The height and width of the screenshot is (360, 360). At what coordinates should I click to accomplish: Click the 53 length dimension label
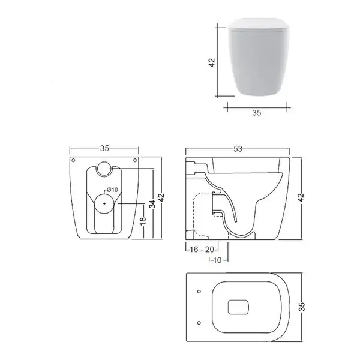238,149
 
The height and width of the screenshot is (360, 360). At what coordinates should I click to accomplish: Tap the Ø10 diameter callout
112,190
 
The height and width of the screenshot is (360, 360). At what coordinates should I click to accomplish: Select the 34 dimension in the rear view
152,204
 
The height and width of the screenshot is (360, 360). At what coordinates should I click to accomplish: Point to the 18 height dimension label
143,220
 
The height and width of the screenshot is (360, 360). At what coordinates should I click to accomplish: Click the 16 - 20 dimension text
202,249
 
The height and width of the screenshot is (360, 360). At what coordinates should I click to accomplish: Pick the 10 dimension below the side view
217,260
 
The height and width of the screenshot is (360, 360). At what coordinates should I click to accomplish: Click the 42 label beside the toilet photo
212,62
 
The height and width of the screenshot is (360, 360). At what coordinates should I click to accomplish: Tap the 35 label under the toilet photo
257,113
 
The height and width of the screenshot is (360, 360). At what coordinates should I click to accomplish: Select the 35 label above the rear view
104,149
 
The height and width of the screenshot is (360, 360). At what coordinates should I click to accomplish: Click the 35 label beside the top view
302,307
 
